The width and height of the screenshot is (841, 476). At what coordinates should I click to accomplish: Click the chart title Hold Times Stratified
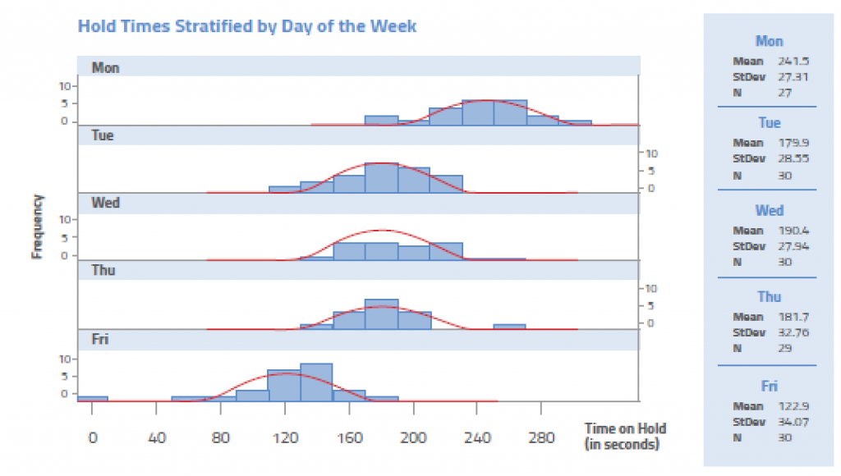246,25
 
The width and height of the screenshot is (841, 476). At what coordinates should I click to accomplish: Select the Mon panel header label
105,67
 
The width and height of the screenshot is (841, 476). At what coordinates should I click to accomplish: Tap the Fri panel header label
100,339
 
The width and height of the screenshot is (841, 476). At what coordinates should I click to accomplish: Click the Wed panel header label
105,202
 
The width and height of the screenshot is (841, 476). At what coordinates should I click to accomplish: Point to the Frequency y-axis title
37,227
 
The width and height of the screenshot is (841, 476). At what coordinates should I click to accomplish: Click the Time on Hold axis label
625,436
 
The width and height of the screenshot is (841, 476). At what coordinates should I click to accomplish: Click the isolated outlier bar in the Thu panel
509,327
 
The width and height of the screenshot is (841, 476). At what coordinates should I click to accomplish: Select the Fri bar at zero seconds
92,398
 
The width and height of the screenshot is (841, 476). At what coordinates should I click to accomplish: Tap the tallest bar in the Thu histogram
381,314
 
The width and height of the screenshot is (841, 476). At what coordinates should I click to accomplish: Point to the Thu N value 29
785,348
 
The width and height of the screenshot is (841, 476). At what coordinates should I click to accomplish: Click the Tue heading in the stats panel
769,123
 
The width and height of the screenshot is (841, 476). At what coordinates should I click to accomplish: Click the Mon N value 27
785,92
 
